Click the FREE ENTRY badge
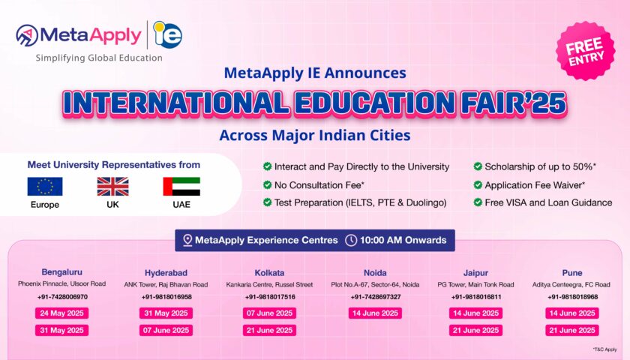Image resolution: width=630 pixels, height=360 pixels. (586, 51)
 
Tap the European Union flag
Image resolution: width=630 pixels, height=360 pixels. (45, 187)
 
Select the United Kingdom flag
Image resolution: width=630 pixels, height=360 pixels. (113, 187)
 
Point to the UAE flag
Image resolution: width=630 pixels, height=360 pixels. (181, 187)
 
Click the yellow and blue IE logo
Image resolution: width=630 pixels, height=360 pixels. (168, 34)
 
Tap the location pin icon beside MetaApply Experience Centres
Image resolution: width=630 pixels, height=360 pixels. (187, 240)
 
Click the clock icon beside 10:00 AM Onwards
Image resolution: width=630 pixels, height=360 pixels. (351, 240)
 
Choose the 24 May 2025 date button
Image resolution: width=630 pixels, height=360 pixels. (61, 313)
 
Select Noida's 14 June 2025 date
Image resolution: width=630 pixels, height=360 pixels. (375, 313)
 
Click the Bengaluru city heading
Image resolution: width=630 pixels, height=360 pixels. (61, 272)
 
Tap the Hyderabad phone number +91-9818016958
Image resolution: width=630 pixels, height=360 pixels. (166, 297)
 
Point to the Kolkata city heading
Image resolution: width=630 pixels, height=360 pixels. (269, 273)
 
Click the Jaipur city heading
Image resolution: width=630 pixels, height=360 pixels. (475, 273)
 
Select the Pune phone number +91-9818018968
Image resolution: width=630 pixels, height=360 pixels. (572, 297)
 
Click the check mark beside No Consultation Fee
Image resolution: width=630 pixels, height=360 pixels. (267, 184)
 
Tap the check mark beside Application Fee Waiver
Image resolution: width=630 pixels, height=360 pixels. (478, 184)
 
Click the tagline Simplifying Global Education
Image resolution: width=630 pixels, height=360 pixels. (99, 58)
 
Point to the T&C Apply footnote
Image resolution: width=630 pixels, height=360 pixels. (604, 349)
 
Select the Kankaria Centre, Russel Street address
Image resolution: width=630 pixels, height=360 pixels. (269, 284)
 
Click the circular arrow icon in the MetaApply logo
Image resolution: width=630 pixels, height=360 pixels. (27, 35)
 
